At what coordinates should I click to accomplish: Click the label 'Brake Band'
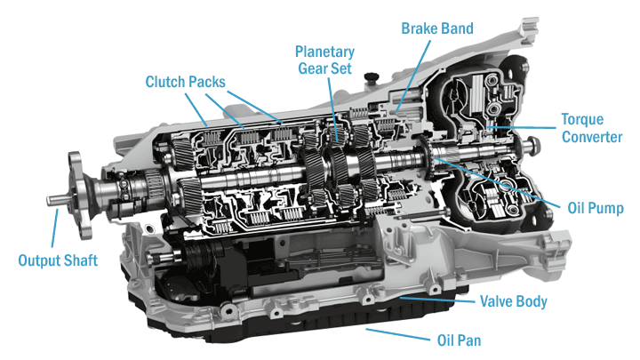pos(437,28)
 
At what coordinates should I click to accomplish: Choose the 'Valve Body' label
pos(513,301)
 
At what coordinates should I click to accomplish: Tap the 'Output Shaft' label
pos(60,260)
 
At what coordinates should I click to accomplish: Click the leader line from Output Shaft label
pos(56,229)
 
